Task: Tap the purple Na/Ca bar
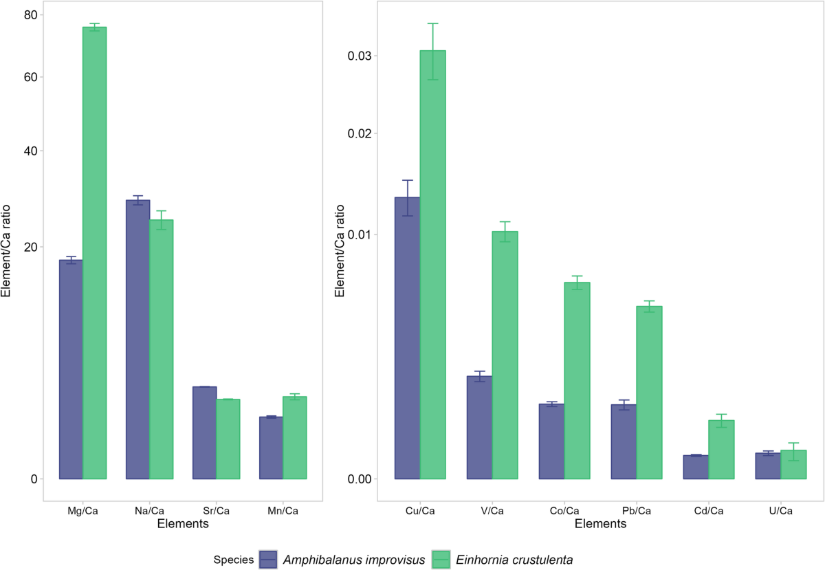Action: [137, 340]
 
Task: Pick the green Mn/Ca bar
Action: [294, 438]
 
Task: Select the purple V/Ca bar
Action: [479, 428]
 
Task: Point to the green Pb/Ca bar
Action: [648, 393]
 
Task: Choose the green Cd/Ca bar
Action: [721, 450]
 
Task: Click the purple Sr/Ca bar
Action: [204, 433]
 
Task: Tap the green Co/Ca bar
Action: [577, 381]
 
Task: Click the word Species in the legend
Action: [232, 559]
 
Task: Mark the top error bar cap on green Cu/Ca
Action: [432, 23]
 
